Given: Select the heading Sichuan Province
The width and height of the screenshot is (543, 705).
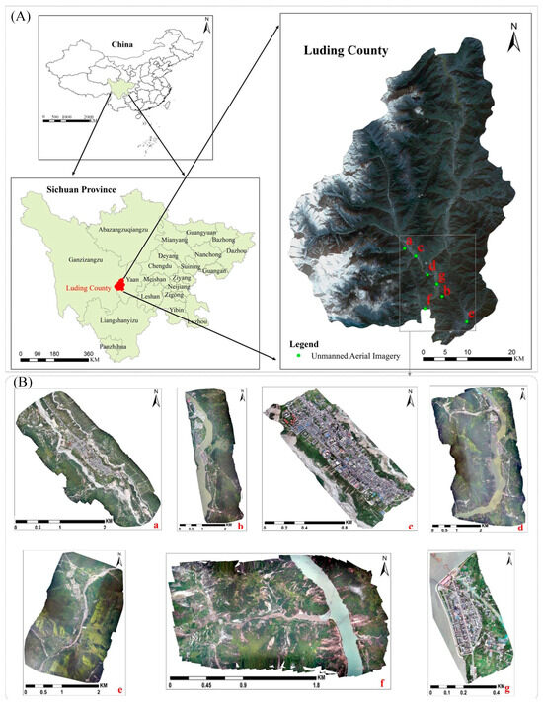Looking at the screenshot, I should tap(60, 188).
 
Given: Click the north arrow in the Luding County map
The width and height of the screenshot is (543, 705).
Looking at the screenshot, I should tap(513, 41).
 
